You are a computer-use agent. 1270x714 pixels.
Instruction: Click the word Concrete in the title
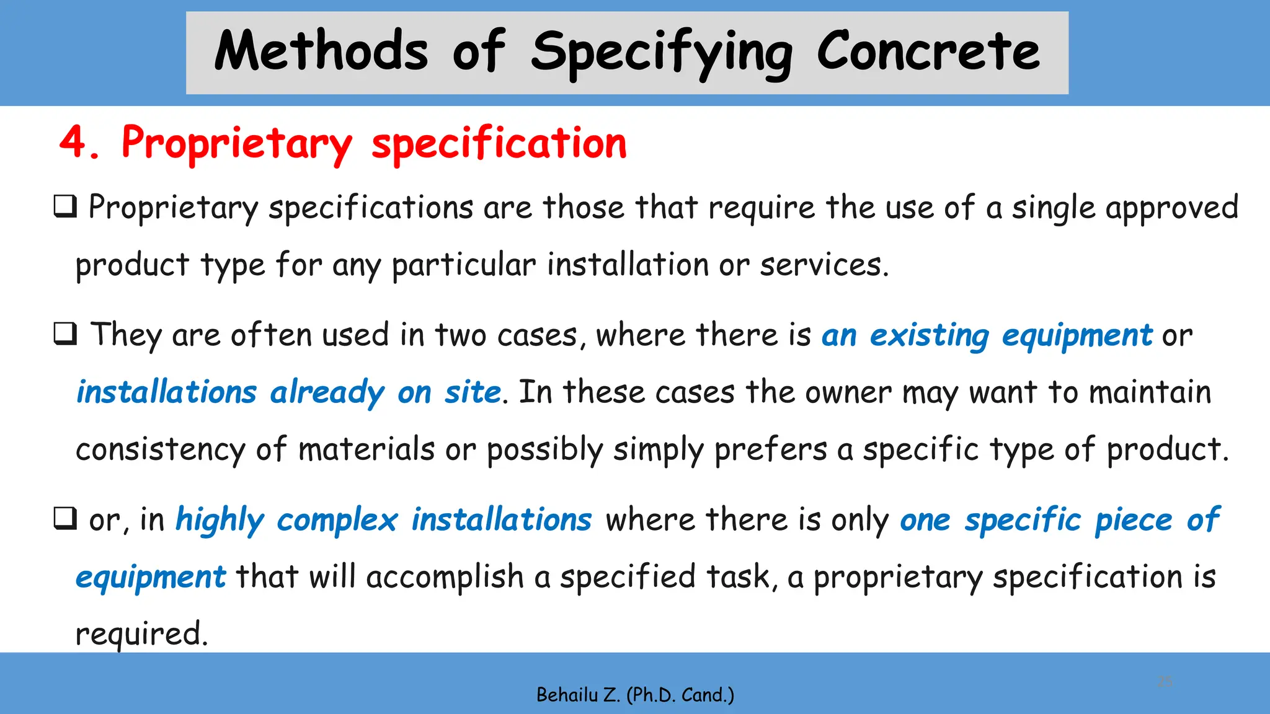coord(928,52)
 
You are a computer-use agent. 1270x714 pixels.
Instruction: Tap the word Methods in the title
coord(321,52)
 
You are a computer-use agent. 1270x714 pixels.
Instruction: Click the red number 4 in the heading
coord(74,143)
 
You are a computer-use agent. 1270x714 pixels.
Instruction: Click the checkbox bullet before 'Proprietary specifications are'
coord(65,206)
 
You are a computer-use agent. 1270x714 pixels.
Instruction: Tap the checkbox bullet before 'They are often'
coord(65,334)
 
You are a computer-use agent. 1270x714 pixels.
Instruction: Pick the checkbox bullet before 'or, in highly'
coord(65,518)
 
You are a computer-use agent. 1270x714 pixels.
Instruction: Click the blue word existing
coord(929,336)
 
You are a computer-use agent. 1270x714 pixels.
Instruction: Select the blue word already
coord(327,393)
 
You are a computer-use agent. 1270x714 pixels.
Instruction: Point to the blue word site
coord(473,393)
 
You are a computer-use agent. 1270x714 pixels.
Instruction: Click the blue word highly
coord(220,520)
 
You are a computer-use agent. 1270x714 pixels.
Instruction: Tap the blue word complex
coord(337,520)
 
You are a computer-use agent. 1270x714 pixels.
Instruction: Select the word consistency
coord(161,450)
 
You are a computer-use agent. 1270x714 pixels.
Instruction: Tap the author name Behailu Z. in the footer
coord(578,695)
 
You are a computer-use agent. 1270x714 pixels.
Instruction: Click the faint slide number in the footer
coord(1165,682)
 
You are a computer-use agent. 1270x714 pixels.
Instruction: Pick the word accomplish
coord(445,577)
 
